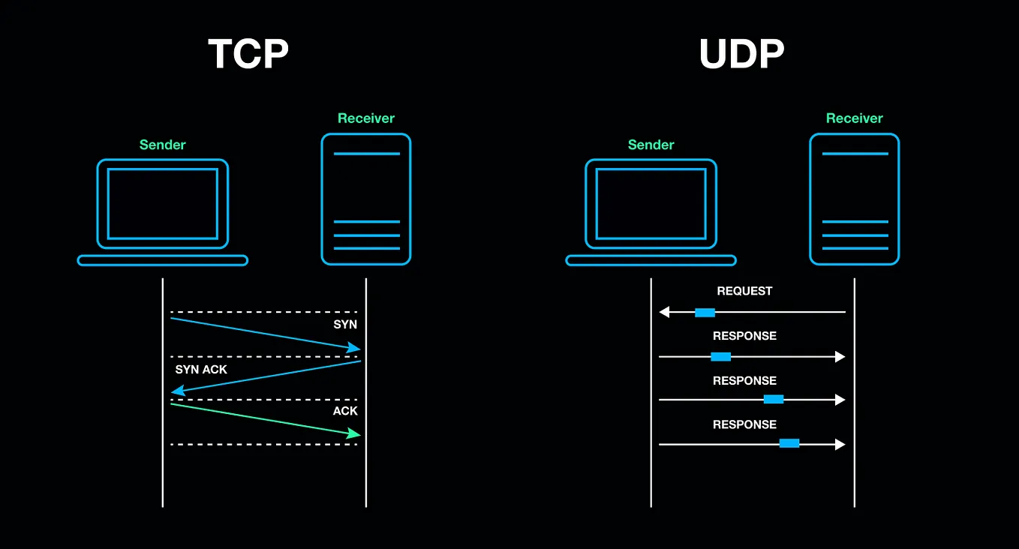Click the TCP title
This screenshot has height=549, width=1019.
[x=248, y=54]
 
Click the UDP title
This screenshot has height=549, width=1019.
[x=741, y=54]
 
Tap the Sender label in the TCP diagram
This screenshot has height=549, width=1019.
[x=163, y=145]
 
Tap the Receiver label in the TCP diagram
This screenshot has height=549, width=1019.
[x=366, y=118]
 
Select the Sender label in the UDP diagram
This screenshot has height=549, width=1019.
[x=651, y=145]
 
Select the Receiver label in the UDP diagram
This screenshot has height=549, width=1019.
[x=855, y=118]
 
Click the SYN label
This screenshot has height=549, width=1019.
[x=345, y=325]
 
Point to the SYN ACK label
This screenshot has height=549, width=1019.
[x=201, y=370]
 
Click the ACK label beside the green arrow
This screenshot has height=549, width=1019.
[x=345, y=411]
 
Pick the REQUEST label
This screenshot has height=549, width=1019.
[x=744, y=291]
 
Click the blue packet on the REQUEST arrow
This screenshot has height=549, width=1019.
[x=705, y=312]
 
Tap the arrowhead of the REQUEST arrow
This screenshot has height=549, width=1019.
[x=664, y=312]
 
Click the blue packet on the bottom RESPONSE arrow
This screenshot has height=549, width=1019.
[x=789, y=443]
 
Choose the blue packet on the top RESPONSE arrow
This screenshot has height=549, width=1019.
[x=721, y=356]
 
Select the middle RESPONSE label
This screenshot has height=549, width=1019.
[x=744, y=381]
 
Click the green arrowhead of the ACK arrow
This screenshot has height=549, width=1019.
[x=354, y=433]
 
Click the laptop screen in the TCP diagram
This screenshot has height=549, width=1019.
[x=163, y=203]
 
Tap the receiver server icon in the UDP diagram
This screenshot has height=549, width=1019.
[x=855, y=199]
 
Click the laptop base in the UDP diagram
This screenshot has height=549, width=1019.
[x=651, y=260]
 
